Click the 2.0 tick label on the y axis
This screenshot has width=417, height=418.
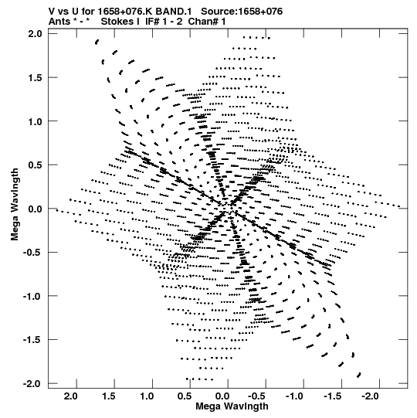(35, 34)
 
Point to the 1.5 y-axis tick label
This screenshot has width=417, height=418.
(35, 77)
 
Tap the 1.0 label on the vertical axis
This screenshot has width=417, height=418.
(35, 121)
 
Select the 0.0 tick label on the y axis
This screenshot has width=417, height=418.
(35, 209)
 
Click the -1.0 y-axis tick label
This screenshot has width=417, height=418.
(33, 296)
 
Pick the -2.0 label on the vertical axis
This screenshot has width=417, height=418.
(33, 383)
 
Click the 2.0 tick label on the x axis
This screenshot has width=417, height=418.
(71, 396)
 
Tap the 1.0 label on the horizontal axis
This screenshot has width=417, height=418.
(147, 396)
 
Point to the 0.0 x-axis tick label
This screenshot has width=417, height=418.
(222, 396)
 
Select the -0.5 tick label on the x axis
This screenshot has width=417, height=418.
(258, 396)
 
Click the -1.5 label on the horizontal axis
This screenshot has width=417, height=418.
(334, 396)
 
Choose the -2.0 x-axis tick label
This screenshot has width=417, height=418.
(371, 396)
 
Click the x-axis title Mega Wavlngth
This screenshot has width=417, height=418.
(232, 406)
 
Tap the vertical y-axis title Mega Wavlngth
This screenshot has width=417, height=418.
(15, 204)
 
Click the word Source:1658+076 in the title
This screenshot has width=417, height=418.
(242, 12)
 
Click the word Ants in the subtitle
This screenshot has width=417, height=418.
(59, 22)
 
